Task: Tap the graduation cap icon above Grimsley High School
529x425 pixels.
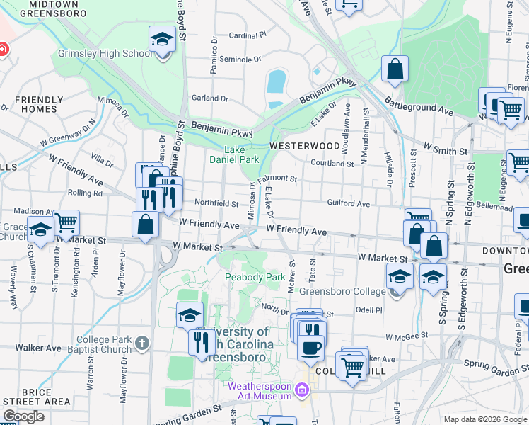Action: tap(162, 39)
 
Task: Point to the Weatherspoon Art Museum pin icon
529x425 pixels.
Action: tap(303, 390)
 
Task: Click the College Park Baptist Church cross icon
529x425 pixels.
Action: tap(141, 344)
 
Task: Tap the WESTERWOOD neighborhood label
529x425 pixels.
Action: tap(305, 146)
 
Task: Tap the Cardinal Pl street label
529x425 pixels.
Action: tap(248, 35)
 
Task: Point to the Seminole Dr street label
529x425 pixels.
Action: tap(240, 59)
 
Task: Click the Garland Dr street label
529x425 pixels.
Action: tap(210, 98)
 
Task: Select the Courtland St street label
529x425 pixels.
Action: tap(332, 164)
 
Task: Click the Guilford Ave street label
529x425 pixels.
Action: tap(349, 204)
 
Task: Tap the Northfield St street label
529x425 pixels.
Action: tap(216, 203)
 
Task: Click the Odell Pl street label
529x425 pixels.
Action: tap(368, 310)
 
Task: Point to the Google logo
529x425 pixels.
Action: tap(24, 416)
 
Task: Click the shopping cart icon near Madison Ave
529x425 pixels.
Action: tap(66, 222)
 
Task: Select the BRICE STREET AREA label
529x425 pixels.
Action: tap(36, 397)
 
